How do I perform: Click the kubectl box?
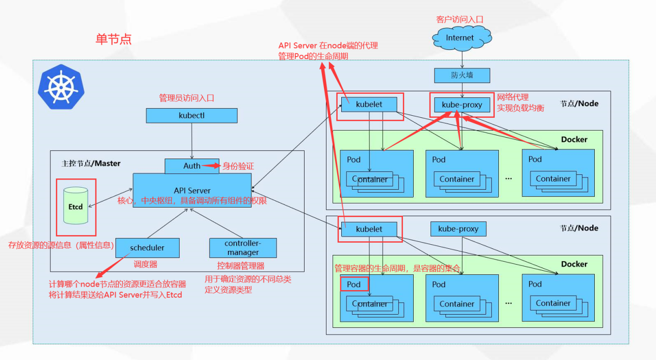coord(192,115)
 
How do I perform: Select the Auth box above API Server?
coord(192,166)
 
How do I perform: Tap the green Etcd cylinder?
coord(75,207)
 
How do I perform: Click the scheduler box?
coord(147,248)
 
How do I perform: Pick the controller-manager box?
coord(243,248)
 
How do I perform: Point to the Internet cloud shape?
coord(461,38)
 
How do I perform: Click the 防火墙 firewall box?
coord(462,75)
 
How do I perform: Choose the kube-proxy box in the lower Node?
coord(459,229)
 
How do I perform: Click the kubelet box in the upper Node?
coord(369,105)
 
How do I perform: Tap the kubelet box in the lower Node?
coord(369,229)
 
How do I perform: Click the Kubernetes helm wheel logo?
coord(60,87)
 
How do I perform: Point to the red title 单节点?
coord(113,39)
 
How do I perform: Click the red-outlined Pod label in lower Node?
coord(354,284)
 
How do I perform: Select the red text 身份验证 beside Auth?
coord(238,166)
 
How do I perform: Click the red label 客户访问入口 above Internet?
coord(459,19)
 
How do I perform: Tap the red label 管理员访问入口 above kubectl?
coord(187,98)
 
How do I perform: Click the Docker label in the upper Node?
coord(574,139)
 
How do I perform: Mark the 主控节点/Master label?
coord(91,163)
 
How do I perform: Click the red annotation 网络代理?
coord(513,97)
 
